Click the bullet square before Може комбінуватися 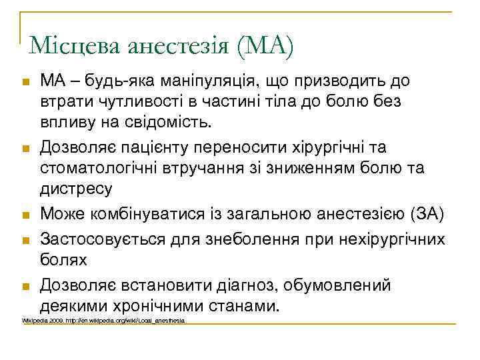click(x=25, y=215)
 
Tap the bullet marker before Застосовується click(x=25, y=239)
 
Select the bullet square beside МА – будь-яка click(x=25, y=82)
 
